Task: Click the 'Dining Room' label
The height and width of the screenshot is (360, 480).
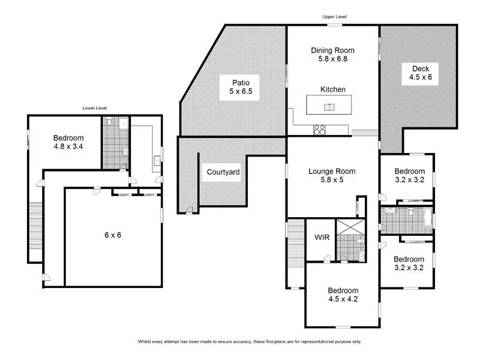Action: (333, 50)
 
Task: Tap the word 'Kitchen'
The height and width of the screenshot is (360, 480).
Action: (333, 89)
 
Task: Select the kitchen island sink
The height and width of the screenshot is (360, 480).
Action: (329, 107)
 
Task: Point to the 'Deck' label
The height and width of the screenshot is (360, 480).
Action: (412, 68)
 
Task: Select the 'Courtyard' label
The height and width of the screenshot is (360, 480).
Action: (223, 173)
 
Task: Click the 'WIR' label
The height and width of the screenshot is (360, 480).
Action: (322, 236)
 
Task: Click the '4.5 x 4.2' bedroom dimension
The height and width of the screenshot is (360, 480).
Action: (343, 299)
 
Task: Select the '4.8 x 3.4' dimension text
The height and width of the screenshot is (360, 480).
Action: (67, 145)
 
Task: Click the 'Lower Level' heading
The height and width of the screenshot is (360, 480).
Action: (94, 108)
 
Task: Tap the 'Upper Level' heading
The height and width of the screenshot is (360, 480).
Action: (334, 17)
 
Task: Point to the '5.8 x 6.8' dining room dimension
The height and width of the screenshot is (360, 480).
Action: (333, 59)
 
